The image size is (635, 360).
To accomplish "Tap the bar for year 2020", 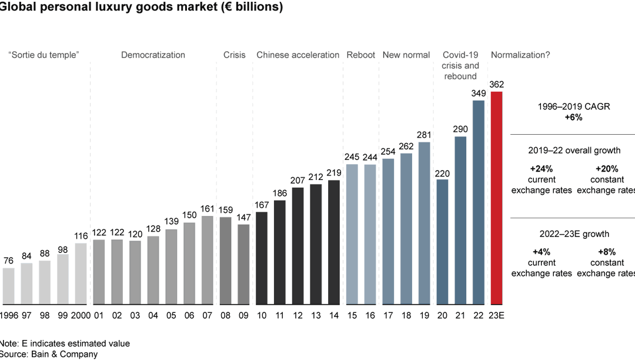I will tap(442, 241).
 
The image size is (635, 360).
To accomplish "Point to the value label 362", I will tap(497, 85).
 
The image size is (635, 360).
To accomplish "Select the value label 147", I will tap(243, 218).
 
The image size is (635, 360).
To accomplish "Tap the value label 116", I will tap(81, 236).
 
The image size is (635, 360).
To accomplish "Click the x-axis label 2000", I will tap(81, 315).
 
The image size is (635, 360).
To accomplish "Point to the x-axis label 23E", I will tap(497, 315).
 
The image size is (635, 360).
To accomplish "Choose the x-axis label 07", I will tap(208, 315).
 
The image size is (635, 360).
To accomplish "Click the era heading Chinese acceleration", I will tap(298, 55).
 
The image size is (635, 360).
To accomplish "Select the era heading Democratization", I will tap(153, 55).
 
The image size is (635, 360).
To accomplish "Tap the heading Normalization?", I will tap(520, 55).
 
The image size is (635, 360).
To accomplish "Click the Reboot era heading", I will tap(361, 55).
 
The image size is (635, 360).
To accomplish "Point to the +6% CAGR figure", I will tap(573, 118).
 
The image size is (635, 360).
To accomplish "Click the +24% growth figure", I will tap(541, 168).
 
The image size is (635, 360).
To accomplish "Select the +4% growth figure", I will tap(541, 252).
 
